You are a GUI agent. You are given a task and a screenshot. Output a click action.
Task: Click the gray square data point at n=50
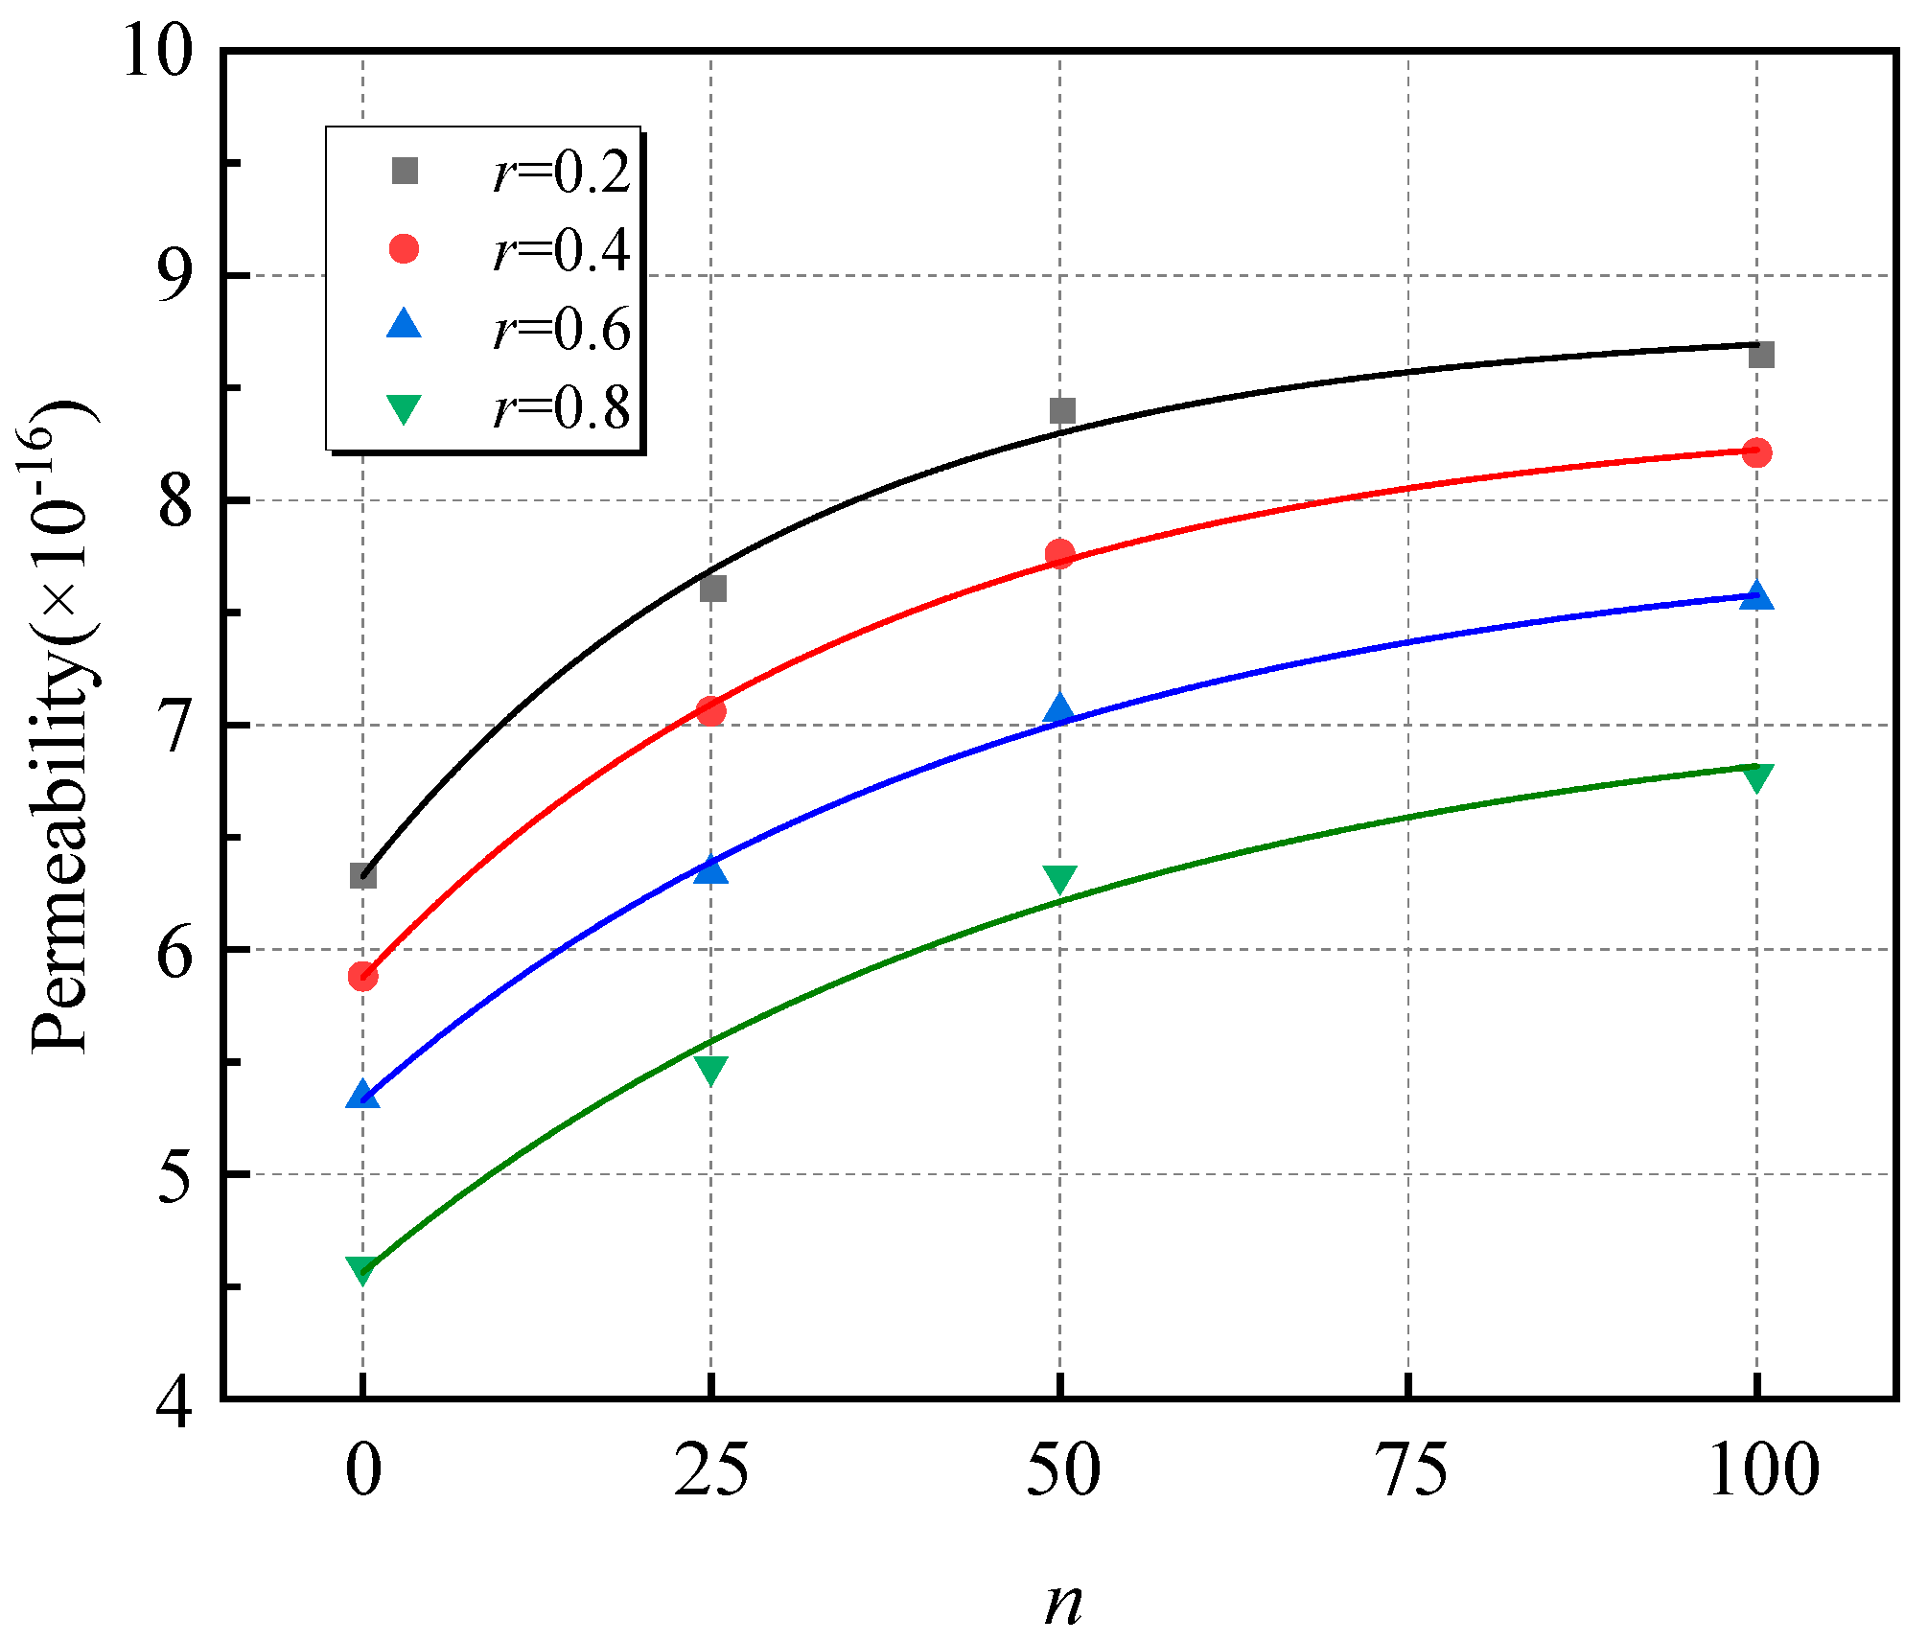[1061, 411]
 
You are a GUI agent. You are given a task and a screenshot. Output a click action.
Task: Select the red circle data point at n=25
[710, 711]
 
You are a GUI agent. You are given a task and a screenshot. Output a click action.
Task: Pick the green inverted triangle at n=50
[1059, 878]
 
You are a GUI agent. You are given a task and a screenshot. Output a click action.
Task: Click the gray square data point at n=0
[362, 875]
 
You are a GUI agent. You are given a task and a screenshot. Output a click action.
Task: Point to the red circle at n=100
[1756, 452]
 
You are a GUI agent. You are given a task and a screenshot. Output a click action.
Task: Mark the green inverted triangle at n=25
[710, 1069]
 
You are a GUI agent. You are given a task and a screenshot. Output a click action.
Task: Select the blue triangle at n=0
[362, 1095]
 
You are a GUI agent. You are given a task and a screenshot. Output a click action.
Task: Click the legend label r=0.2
[561, 173]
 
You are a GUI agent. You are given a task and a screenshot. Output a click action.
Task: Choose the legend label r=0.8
[561, 408]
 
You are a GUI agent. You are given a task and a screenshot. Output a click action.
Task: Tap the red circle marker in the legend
[404, 249]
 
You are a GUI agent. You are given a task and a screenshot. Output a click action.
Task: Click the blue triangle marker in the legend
[404, 324]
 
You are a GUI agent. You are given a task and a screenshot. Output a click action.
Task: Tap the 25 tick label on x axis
[710, 1470]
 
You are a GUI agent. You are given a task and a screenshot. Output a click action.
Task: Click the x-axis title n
[1062, 1602]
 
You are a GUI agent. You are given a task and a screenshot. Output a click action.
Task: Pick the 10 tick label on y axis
[157, 52]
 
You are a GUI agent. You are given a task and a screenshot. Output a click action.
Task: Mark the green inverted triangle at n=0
[362, 1270]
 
